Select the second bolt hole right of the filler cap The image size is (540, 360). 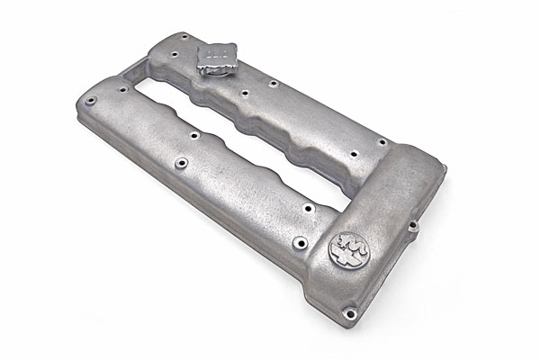pyautogui.click(x=272, y=84)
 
